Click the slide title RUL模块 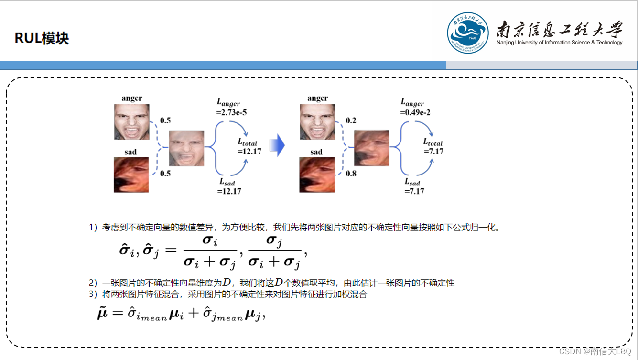click(42, 38)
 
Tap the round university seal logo click(468, 33)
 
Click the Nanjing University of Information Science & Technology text click(560, 43)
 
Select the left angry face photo click(131, 122)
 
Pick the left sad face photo click(131, 175)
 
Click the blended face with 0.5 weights click(187, 148)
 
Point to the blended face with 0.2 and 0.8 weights click(372, 148)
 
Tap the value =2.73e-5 click(232, 113)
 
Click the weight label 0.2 click(351, 120)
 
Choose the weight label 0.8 click(351, 174)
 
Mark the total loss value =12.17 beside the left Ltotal click(249, 152)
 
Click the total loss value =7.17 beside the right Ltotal click(434, 152)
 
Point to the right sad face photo click(316, 175)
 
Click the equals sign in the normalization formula click(171, 250)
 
